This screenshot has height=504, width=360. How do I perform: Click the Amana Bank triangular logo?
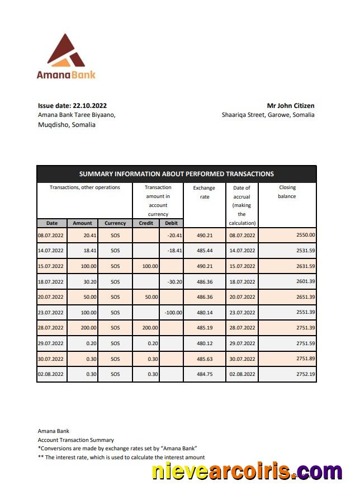(66, 51)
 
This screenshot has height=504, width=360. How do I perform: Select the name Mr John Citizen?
(290, 105)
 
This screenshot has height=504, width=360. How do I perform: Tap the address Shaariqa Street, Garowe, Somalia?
(268, 115)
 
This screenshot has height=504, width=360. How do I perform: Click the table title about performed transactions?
(177, 174)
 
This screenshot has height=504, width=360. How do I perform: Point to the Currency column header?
(115, 223)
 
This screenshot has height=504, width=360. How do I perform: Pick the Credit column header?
(146, 223)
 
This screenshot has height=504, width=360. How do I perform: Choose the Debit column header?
(172, 223)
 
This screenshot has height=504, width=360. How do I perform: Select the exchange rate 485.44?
(204, 251)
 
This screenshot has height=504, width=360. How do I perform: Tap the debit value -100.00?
(174, 313)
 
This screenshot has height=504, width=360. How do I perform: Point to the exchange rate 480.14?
(204, 313)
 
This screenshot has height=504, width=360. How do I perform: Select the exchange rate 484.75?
(204, 374)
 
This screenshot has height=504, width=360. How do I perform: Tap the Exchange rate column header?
(204, 192)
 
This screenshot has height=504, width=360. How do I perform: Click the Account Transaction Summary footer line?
(76, 440)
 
